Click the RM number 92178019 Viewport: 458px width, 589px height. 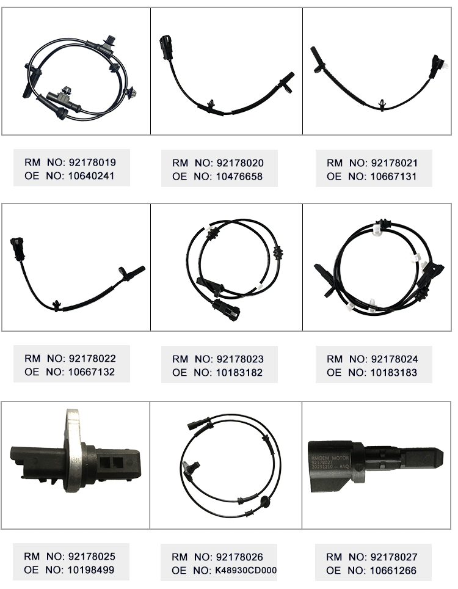(x=92, y=163)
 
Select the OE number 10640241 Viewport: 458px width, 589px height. (x=91, y=176)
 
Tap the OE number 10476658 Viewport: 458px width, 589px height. (x=239, y=177)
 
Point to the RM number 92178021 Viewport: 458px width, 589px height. (x=394, y=163)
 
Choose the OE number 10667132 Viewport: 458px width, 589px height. (x=91, y=372)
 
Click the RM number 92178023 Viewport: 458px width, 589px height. (x=240, y=359)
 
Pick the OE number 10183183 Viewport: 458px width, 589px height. (x=394, y=373)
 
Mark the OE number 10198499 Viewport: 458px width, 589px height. (x=91, y=570)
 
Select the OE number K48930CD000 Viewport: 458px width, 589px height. (x=246, y=571)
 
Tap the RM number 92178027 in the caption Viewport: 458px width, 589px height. (x=394, y=557)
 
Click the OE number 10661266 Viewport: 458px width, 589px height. (x=393, y=571)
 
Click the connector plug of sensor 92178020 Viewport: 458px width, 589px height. (x=166, y=47)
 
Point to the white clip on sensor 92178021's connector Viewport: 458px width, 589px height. (x=445, y=66)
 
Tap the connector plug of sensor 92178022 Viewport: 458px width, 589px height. (x=18, y=248)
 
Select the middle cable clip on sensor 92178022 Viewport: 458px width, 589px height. (x=57, y=305)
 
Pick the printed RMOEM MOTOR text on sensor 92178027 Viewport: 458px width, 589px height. (x=330, y=458)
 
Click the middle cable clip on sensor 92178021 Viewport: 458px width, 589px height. (x=382, y=105)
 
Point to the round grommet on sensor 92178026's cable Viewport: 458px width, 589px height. (x=265, y=501)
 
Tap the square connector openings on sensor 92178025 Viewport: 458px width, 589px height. (x=112, y=463)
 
